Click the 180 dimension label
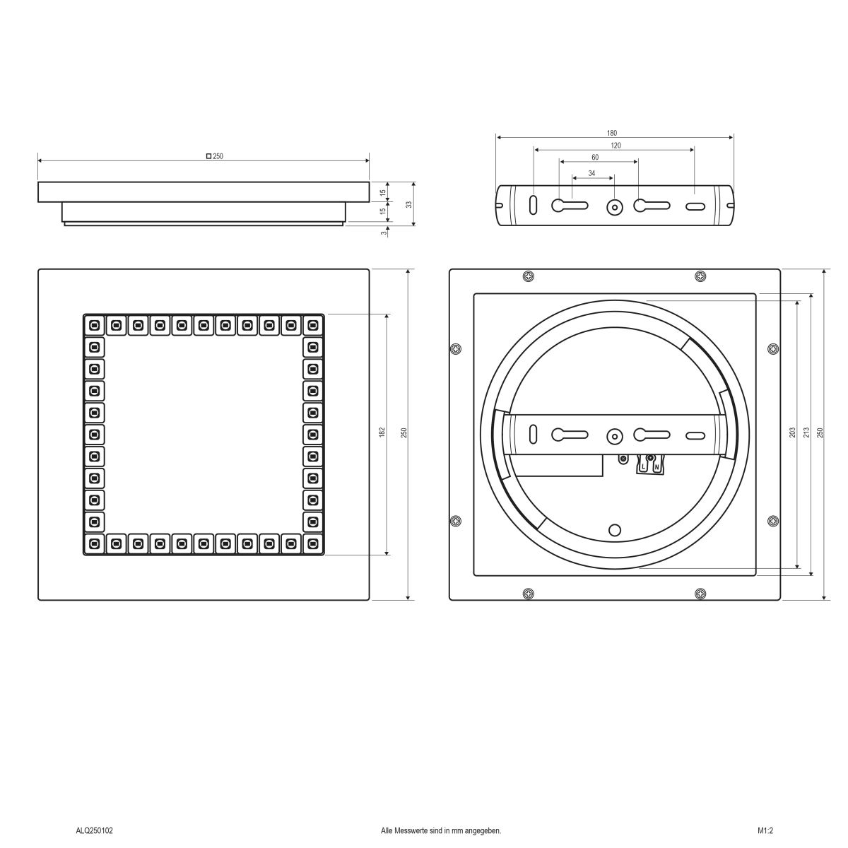click(x=612, y=133)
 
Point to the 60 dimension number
click(x=595, y=157)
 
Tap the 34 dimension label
click(x=591, y=172)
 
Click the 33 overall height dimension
click(x=409, y=204)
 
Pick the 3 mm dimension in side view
click(x=383, y=232)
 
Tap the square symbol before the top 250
click(x=208, y=156)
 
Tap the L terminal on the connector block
click(x=644, y=466)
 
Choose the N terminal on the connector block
click(x=656, y=466)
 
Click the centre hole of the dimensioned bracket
click(x=615, y=207)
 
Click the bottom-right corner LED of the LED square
click(x=312, y=543)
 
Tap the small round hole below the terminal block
click(x=615, y=530)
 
